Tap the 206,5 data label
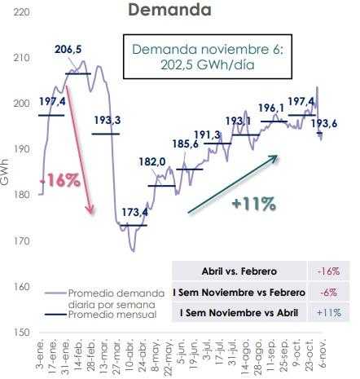[68, 50]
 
